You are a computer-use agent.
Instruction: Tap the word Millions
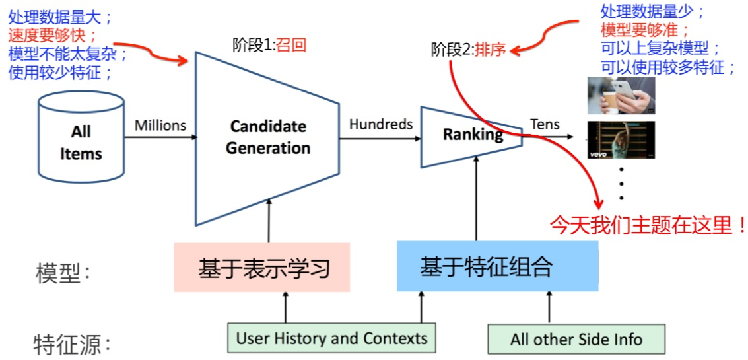[160, 125]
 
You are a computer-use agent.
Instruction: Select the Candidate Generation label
[268, 137]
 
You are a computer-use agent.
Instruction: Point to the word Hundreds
[381, 124]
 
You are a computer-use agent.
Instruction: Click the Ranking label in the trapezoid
[472, 135]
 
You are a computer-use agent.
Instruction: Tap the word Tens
[545, 124]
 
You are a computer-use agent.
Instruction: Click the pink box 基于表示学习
[262, 268]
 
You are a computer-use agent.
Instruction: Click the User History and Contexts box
[331, 339]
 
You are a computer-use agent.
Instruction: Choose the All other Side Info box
[576, 340]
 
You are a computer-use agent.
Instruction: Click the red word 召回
[291, 45]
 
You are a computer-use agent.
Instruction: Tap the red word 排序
[490, 50]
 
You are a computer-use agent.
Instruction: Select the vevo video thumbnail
[621, 140]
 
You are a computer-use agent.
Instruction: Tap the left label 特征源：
[72, 344]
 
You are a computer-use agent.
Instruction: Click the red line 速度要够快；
[53, 34]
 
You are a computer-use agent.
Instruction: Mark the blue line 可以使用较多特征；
[667, 67]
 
